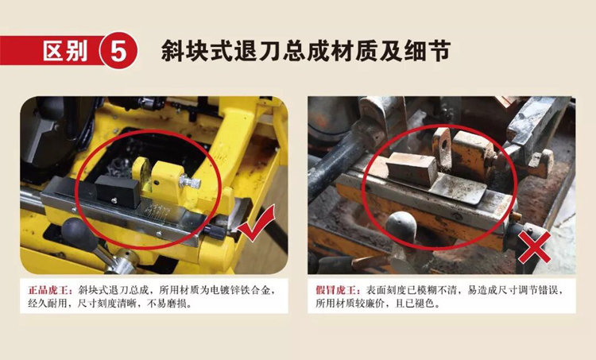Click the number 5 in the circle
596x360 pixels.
(x=118, y=51)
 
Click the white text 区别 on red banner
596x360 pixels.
(x=65, y=51)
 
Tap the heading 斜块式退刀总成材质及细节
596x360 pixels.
(x=306, y=51)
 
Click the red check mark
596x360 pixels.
(x=256, y=224)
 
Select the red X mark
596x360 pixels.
(x=535, y=246)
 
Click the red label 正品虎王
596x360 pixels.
(x=49, y=290)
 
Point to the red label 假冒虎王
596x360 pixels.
(x=337, y=290)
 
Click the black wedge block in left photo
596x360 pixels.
(x=118, y=191)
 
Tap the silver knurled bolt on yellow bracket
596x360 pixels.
(x=190, y=181)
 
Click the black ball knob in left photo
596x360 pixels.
(x=77, y=234)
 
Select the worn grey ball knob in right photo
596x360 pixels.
(x=401, y=227)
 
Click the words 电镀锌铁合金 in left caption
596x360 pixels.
(x=240, y=290)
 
